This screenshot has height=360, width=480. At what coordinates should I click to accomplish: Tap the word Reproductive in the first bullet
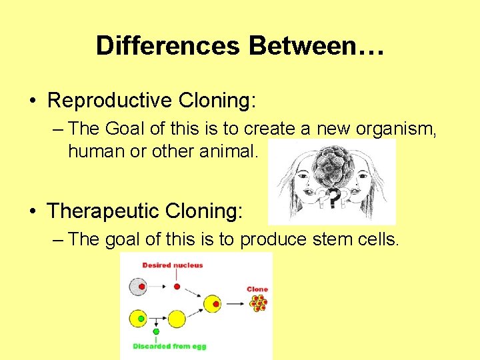click(x=109, y=100)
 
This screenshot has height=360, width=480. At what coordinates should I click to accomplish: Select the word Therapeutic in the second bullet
click(x=108, y=211)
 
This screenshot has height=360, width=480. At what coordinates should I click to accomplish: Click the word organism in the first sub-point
click(x=399, y=128)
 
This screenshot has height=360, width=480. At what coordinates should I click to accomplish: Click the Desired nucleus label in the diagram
click(x=172, y=265)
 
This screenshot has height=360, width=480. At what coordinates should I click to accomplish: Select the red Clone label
click(x=257, y=289)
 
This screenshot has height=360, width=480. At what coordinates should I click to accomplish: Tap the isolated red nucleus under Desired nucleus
click(x=177, y=287)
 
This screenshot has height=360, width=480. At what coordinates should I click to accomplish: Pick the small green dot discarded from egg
click(x=156, y=331)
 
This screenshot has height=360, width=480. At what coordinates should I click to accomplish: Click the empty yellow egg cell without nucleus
click(x=177, y=319)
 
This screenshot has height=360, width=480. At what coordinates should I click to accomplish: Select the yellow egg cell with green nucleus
click(x=138, y=319)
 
